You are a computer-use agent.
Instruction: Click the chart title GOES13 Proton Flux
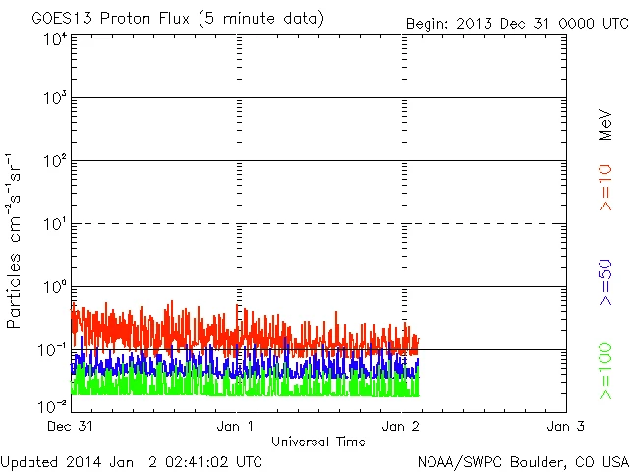pos(178,19)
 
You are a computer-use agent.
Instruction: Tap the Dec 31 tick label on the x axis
pos(71,426)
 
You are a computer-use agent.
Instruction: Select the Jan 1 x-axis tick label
pos(236,426)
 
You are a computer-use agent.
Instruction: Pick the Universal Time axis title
pos(318,442)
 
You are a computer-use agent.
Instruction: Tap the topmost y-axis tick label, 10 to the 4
pos(55,39)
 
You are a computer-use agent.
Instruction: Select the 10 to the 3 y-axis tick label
pos(55,100)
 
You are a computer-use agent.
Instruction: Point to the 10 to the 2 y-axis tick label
pos(55,163)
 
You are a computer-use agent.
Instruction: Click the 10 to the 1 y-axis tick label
pos(55,226)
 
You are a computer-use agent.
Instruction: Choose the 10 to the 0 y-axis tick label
pos(55,289)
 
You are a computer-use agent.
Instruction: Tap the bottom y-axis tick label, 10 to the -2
pos(53,405)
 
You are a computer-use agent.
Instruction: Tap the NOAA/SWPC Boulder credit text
pos(522,461)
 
